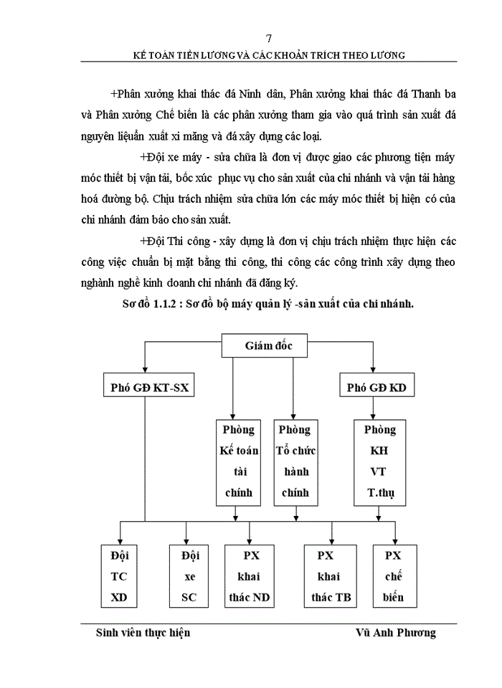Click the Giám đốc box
[x=268, y=346]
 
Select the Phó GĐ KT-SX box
[x=148, y=388]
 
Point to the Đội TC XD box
[x=119, y=576]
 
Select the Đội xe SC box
[x=189, y=576]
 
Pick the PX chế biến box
[x=393, y=576]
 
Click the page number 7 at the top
[x=267, y=38]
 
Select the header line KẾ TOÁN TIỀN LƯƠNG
[x=267, y=54]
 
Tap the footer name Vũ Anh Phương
[x=395, y=633]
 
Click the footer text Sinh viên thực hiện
[x=143, y=633]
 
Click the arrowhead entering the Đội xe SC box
[x=186, y=541]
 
